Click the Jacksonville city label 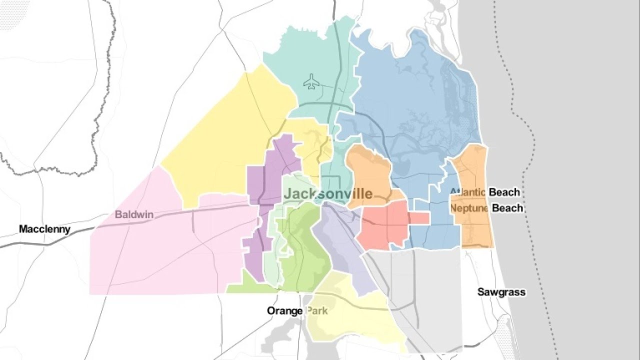click(x=328, y=194)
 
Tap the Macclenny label click(x=44, y=229)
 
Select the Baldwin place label click(x=133, y=215)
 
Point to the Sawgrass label click(x=501, y=292)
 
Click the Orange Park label click(x=297, y=311)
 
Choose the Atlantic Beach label click(x=484, y=192)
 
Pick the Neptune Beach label click(x=486, y=208)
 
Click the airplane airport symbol click(x=311, y=81)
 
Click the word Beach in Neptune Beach click(x=507, y=208)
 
